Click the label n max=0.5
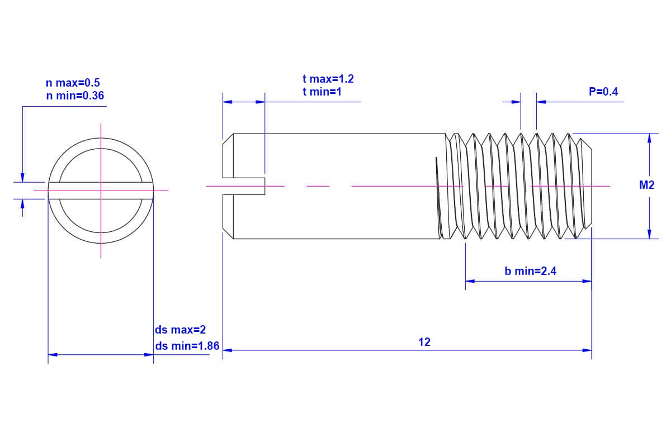click(73, 83)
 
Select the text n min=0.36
click(75, 96)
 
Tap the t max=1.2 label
click(328, 79)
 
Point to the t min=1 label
click(322, 92)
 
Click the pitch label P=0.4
click(603, 92)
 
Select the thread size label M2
click(646, 186)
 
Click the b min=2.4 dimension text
click(530, 272)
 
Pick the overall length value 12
click(424, 342)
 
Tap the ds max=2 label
click(180, 330)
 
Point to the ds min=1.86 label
click(187, 346)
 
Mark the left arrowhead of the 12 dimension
click(227, 350)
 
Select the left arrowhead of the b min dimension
click(470, 281)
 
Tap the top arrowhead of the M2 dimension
click(649, 138)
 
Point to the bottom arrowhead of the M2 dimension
click(649, 234)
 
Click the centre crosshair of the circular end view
click(101, 191)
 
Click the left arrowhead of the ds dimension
click(53, 354)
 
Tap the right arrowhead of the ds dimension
click(149, 354)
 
